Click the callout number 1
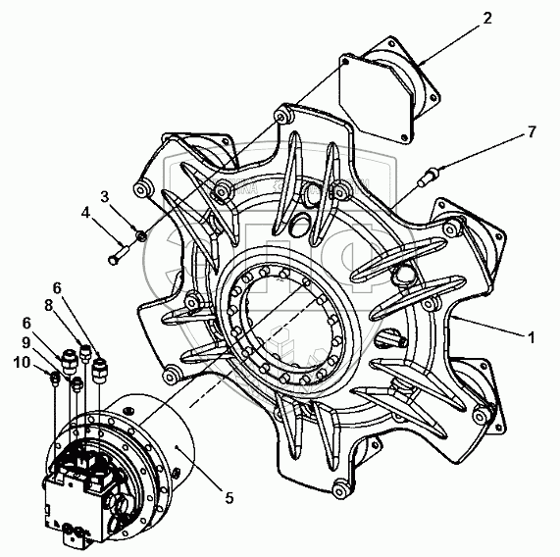[x=532, y=337]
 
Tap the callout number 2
[x=487, y=18]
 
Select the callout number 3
[x=105, y=197]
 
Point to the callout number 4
[x=85, y=213]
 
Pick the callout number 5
[x=229, y=497]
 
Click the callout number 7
[x=532, y=132]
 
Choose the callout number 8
[x=49, y=306]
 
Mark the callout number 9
[x=25, y=343]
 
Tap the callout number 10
[x=22, y=363]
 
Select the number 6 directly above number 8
[x=57, y=287]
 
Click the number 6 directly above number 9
[x=26, y=324]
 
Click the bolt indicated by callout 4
[x=119, y=254]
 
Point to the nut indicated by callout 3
[x=141, y=235]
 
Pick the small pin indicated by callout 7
[x=429, y=177]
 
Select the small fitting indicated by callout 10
[x=54, y=379]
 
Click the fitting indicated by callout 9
[x=76, y=385]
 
